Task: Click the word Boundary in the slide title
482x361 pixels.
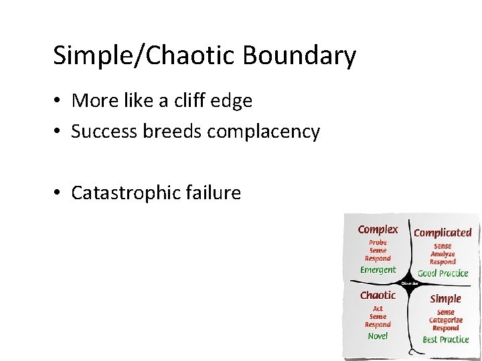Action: click(x=299, y=55)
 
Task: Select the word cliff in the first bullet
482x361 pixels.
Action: click(x=193, y=101)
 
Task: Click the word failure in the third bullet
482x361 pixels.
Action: click(x=214, y=193)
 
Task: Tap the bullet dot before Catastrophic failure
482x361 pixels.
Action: click(x=59, y=193)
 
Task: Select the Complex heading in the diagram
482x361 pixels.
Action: click(x=378, y=229)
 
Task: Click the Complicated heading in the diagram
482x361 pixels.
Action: click(x=443, y=233)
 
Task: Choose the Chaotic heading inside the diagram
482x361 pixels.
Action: click(x=378, y=295)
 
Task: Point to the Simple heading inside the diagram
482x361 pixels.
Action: click(x=445, y=299)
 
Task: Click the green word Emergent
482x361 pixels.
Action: click(x=378, y=270)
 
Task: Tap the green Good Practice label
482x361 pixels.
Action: click(x=443, y=273)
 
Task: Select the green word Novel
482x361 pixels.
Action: click(x=378, y=336)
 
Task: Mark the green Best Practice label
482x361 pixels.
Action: click(x=445, y=340)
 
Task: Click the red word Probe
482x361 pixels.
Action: click(x=378, y=243)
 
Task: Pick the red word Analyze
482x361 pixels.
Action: click(x=443, y=254)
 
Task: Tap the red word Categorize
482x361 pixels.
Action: click(x=445, y=320)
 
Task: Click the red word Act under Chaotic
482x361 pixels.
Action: click(x=378, y=308)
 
